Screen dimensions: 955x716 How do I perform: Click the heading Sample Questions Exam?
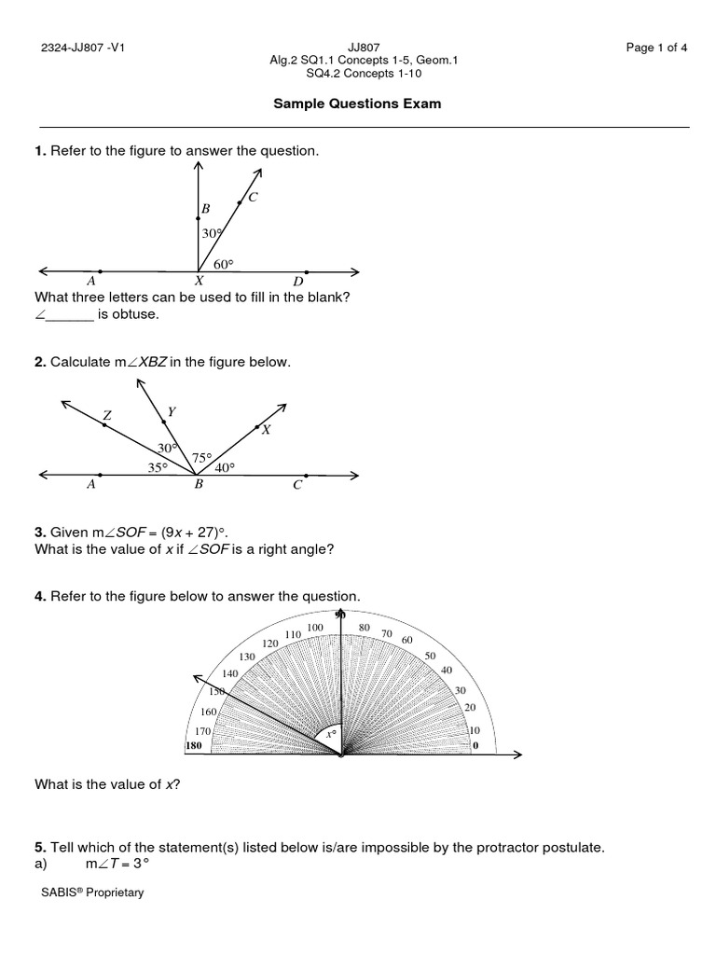pos(357,104)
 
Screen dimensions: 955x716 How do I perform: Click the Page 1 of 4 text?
pos(656,49)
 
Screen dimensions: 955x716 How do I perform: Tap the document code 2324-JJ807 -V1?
pos(83,49)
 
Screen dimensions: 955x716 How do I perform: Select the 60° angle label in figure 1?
pos(223,264)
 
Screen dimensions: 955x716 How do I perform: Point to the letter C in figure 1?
pos(253,197)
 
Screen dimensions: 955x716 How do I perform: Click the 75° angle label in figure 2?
pos(202,458)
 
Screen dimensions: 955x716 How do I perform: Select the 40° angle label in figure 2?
pos(226,467)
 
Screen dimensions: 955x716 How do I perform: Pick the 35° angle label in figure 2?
pos(158,467)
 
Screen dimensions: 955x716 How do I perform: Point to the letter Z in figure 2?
pos(107,416)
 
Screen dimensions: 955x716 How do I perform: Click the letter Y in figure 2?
pos(172,410)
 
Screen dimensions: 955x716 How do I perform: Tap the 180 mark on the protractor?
pos(194,746)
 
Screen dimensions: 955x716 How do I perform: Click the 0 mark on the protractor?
pos(475,746)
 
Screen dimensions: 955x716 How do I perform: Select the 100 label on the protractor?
pos(315,628)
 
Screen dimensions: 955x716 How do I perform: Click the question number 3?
pos(40,532)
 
